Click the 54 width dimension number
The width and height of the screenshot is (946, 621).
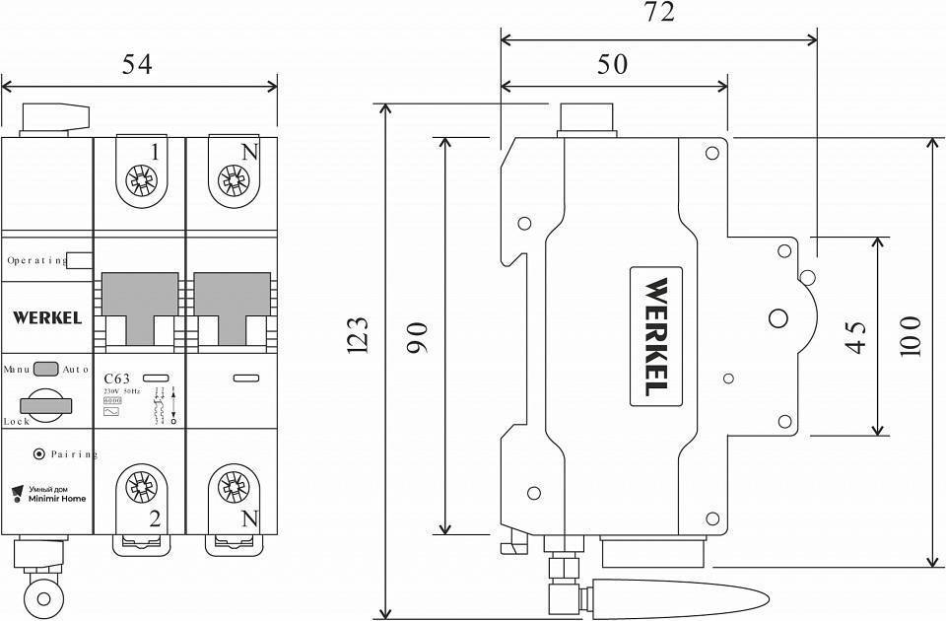[x=137, y=65]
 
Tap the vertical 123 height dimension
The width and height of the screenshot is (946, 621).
[x=358, y=336]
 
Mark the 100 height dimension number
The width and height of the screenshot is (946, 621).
[x=910, y=336]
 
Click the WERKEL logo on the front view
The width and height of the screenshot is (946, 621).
[x=46, y=317]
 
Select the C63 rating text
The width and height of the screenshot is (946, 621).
[x=117, y=378]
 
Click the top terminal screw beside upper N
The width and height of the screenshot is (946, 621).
[x=234, y=180]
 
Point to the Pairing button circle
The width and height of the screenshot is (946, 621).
[x=38, y=454]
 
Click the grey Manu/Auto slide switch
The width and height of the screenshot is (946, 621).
[x=46, y=370]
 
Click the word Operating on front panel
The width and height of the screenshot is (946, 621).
[x=35, y=261]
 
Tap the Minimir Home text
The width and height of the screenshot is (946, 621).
[x=56, y=499]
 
